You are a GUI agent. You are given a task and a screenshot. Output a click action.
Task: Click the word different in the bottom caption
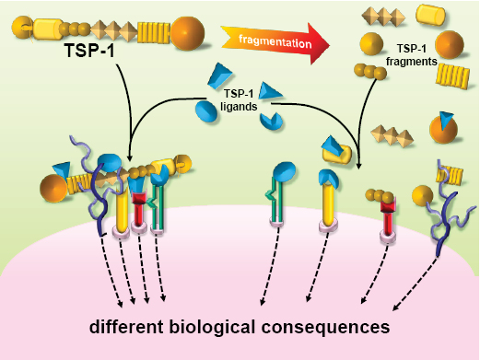(127, 327)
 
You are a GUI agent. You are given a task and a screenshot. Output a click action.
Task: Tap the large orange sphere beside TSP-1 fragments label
(450, 44)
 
